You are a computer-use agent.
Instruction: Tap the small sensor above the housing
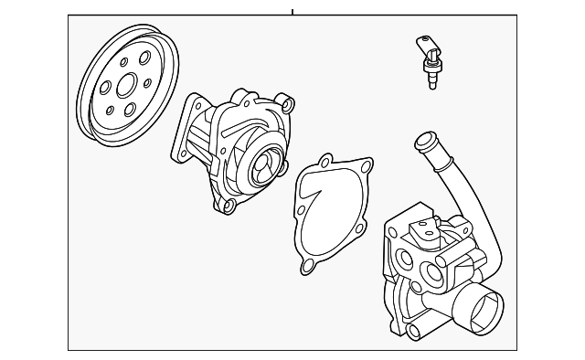coord(428,60)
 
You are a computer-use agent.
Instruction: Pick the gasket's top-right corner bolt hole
coord(366,168)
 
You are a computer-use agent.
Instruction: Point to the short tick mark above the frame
coord(292,11)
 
